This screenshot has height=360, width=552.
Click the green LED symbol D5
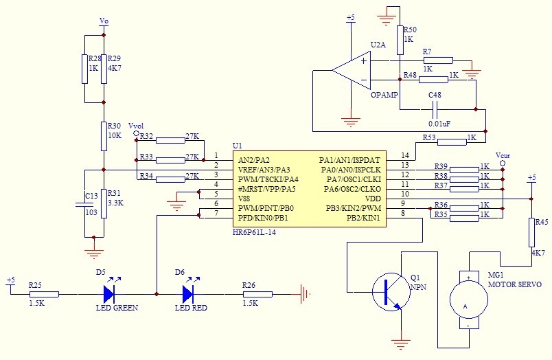coord(108,294)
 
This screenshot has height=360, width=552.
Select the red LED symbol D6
coord(187,294)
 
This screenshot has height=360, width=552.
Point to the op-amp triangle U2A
coord(352,69)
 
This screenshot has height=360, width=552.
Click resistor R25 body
coord(44,294)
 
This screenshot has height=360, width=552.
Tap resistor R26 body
coord(257,294)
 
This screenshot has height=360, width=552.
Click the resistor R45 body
coord(531,232)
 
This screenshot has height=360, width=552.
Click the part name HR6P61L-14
coord(260,233)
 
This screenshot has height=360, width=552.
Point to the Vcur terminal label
coord(503,156)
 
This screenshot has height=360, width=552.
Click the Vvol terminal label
coord(136,126)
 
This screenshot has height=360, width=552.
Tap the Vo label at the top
coord(104,21)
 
